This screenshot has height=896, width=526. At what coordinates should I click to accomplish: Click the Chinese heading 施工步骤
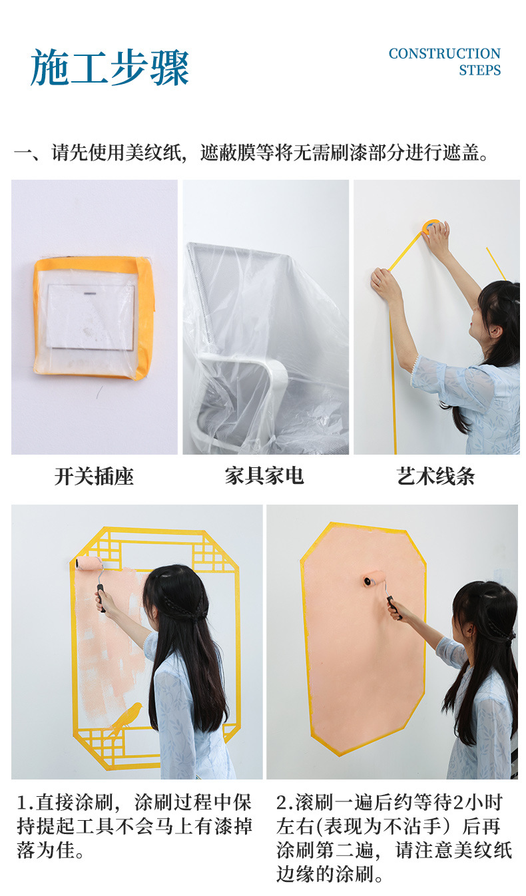(x=110, y=68)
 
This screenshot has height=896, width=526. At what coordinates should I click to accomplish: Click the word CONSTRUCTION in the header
(x=444, y=54)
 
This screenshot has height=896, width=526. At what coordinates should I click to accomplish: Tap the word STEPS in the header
(x=479, y=71)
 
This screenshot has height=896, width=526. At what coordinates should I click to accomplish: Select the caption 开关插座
(x=94, y=477)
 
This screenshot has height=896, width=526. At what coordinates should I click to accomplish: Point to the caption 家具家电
(x=264, y=476)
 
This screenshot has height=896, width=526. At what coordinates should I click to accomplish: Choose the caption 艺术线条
(x=435, y=476)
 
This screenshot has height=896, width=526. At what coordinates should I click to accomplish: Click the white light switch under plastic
(x=91, y=316)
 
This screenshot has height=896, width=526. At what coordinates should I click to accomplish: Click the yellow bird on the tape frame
(x=127, y=716)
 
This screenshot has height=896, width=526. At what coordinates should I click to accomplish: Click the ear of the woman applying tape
(x=495, y=332)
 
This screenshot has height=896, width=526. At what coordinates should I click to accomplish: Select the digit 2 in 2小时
(x=457, y=803)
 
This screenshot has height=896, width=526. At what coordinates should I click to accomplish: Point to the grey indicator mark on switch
(x=91, y=294)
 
